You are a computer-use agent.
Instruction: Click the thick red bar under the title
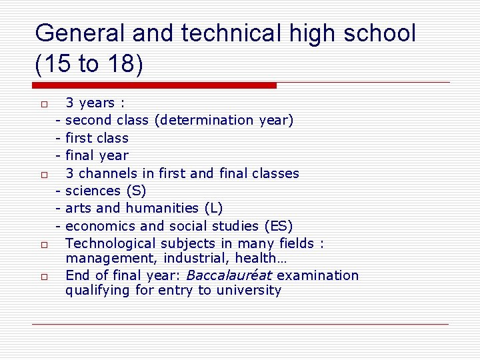(155, 85)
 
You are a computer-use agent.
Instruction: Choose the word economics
(99, 227)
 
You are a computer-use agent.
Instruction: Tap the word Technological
(114, 244)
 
